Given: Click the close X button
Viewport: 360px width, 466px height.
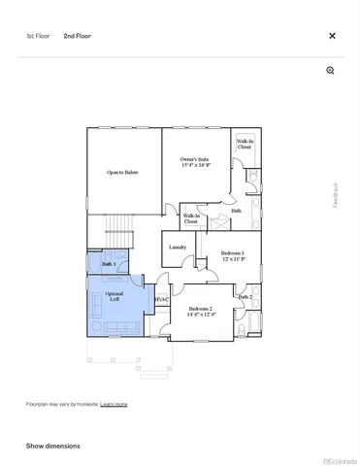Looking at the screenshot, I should [332, 36].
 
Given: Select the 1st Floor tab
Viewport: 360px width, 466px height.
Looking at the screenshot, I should [38, 36].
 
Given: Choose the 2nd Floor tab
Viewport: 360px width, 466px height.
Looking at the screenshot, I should [78, 36].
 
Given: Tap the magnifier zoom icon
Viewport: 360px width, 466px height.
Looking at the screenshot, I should [331, 71].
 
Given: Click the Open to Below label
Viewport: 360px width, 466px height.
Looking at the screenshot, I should [122, 173].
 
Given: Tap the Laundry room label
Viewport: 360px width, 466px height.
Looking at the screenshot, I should [178, 248].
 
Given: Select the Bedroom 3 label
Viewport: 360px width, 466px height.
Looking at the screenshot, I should [232, 253].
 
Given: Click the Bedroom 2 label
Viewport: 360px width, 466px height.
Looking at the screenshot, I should [201, 308].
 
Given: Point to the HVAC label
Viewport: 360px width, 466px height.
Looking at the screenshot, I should [162, 299].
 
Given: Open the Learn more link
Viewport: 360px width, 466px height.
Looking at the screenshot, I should [114, 403].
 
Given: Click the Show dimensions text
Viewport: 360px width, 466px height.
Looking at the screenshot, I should [53, 446].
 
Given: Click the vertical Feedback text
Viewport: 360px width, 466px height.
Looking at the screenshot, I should [337, 195].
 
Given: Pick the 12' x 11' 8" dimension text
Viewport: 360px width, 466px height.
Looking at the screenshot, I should [232, 259].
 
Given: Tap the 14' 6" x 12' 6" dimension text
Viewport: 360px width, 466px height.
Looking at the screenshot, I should [201, 314].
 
